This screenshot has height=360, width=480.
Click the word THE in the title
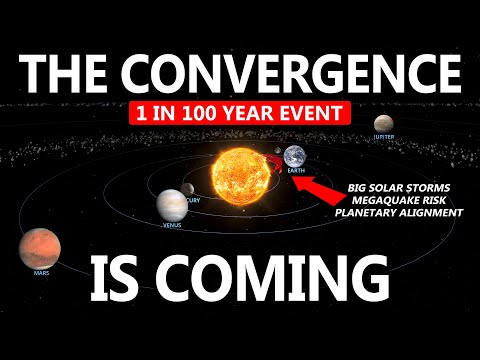coord(71,72)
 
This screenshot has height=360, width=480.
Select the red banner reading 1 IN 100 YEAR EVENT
coord(239,112)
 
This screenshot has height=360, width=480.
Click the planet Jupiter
coord(383,123)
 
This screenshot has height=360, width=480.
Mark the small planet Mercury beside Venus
coord(187,188)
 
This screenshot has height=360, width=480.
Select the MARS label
coord(41,271)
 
